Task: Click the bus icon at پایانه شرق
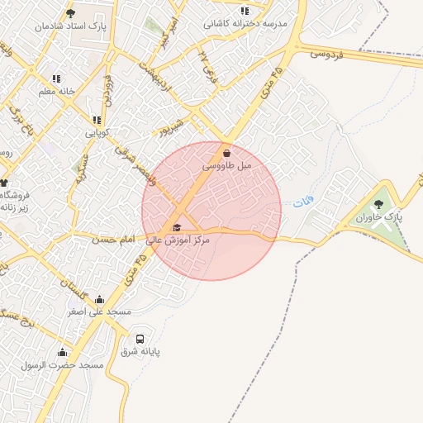coord(140,339)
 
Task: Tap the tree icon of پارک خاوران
coord(378,204)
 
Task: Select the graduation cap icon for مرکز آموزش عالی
coord(176,228)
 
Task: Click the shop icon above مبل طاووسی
coord(226,154)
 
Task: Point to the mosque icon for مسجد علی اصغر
coord(100,299)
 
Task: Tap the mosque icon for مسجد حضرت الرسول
coord(63,353)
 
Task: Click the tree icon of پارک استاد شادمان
coord(69,14)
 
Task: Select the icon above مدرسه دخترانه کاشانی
coord(244,11)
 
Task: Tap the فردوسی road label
coord(326,54)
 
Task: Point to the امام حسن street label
coord(112,239)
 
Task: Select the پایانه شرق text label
coord(140,352)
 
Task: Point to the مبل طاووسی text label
coord(226,167)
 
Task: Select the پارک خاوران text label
coord(379,218)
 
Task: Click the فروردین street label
coord(107,91)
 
